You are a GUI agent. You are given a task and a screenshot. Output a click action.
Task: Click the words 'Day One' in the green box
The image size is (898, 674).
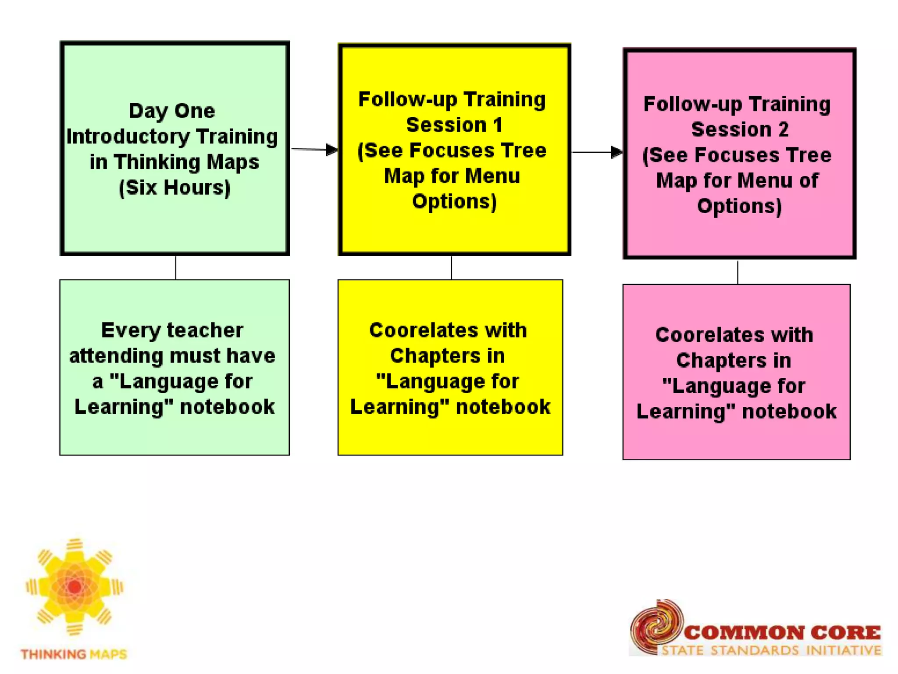(x=172, y=111)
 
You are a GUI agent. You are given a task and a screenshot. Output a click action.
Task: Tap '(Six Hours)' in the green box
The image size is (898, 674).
(x=175, y=188)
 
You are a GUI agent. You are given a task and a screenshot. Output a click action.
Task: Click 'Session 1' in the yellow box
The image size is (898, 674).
(x=454, y=125)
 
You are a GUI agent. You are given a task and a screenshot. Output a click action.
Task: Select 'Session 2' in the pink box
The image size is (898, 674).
(x=740, y=130)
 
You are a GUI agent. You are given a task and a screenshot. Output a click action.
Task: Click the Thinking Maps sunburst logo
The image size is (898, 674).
(x=75, y=587)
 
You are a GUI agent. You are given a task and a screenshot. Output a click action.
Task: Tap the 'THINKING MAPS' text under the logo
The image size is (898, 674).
(x=74, y=654)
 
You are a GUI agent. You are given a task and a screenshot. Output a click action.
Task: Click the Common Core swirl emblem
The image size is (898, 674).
(x=656, y=625)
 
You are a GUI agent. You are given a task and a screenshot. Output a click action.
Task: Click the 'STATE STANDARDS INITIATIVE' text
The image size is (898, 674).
(x=771, y=650)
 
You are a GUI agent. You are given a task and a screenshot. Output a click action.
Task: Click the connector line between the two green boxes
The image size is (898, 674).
(x=176, y=267)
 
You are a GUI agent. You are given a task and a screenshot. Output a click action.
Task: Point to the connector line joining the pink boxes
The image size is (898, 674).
(x=738, y=272)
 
